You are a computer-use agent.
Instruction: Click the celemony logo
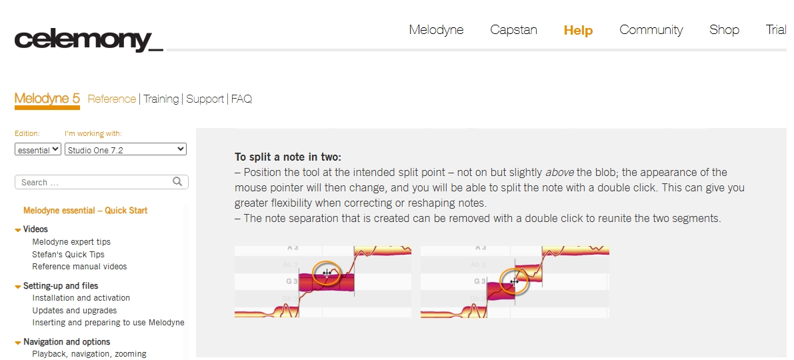coord(89,39)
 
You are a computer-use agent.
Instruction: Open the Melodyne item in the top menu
coord(436,30)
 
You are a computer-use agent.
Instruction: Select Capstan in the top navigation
coord(513,30)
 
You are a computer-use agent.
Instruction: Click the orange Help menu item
coord(578,31)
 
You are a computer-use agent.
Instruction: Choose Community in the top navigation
coord(651,30)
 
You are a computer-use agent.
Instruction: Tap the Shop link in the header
coord(724,30)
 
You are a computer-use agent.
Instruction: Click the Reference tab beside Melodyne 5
coord(112,99)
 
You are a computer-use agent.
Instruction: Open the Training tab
coord(161,99)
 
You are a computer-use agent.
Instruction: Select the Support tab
coord(205,99)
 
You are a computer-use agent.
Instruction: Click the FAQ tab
coord(241,99)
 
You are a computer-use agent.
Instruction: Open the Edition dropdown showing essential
coord(38,149)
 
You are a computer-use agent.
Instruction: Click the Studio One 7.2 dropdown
coord(125,149)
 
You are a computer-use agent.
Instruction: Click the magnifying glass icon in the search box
coord(177,181)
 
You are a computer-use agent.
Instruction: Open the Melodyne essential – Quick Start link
coord(85,211)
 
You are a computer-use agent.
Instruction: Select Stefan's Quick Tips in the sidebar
coord(69,254)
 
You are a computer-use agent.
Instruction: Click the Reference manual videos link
coord(79,266)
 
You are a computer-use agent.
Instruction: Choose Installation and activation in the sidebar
coord(81,298)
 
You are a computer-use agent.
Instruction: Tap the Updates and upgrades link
coord(75,311)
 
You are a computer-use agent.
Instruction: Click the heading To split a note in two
coord(288,157)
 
